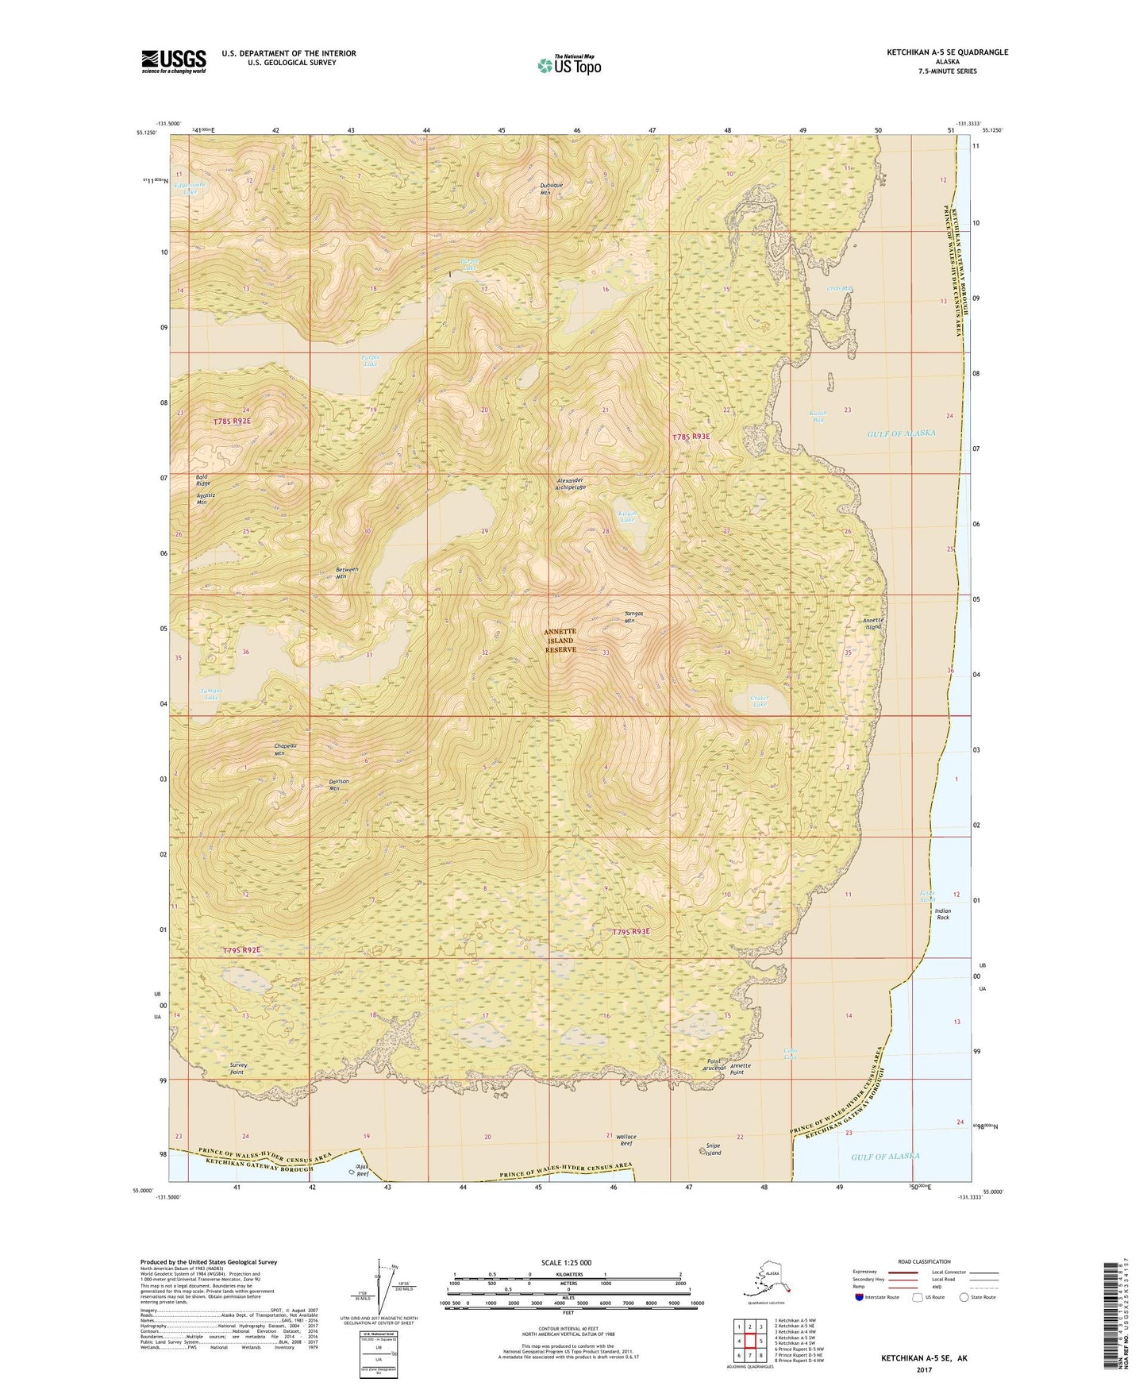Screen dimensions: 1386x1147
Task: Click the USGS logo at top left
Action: (173, 61)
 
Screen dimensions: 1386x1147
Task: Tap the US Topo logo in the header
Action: (568, 64)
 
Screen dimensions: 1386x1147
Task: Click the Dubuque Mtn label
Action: (551, 189)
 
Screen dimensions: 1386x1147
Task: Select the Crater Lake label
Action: (760, 701)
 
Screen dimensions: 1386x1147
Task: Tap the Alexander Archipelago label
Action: (570, 484)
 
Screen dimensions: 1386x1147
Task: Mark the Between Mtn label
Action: (346, 573)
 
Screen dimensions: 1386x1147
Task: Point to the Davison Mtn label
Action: (339, 785)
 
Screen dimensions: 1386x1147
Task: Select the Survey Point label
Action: (237, 1068)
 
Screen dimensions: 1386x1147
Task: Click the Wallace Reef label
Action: (626, 1140)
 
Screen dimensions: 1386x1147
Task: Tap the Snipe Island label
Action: (713, 1149)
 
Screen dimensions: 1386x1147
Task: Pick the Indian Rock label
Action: (942, 914)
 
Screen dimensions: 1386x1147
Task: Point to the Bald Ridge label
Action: (203, 479)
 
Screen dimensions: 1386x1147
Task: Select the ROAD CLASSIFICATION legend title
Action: (924, 1261)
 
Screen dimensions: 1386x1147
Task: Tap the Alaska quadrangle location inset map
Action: (765, 1280)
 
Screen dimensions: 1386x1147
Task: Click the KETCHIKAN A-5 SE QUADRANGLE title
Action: (947, 52)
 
